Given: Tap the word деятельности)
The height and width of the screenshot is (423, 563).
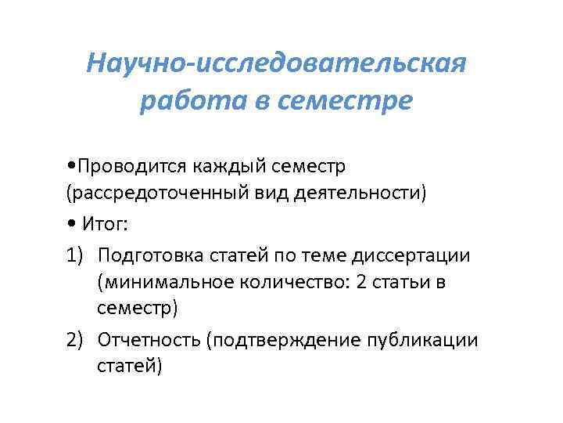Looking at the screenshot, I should point(368,193).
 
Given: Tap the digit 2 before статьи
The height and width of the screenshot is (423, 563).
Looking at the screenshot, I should point(360,283).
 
